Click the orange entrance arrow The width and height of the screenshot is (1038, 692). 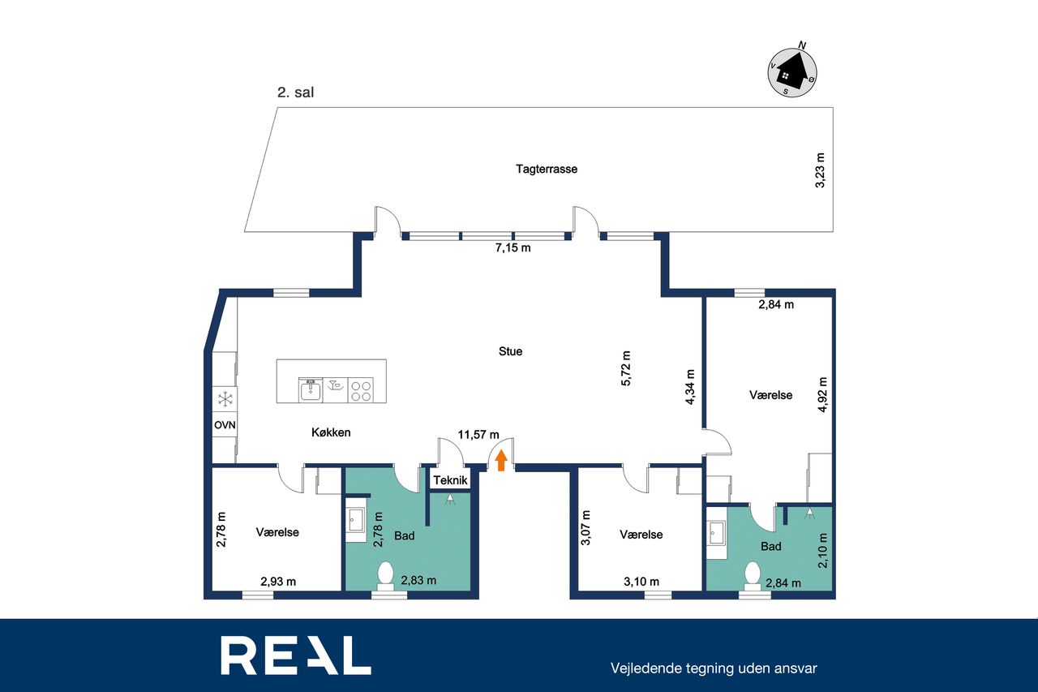(x=501, y=461)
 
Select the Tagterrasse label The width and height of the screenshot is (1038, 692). (x=547, y=169)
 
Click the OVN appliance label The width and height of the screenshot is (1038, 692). (x=225, y=424)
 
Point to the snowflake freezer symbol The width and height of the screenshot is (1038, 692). (x=225, y=399)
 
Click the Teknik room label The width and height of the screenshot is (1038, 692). (x=450, y=480)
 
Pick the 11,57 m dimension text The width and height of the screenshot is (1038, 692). (x=478, y=435)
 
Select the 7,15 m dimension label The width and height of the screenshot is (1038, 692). (x=513, y=248)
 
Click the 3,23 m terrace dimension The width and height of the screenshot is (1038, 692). (x=820, y=170)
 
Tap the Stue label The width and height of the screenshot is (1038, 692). (x=510, y=351)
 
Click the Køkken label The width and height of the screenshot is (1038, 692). (x=331, y=432)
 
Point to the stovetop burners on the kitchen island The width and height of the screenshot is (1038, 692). (x=361, y=390)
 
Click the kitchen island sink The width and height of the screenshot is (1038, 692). (x=311, y=389)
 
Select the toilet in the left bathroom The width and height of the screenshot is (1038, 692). (x=385, y=575)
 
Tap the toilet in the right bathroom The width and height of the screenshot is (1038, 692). (x=753, y=576)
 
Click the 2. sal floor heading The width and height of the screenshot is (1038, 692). (x=296, y=92)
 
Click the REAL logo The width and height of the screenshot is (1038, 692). (x=296, y=655)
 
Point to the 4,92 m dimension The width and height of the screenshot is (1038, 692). (x=822, y=394)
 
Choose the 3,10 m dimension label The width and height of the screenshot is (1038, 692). (x=641, y=582)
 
